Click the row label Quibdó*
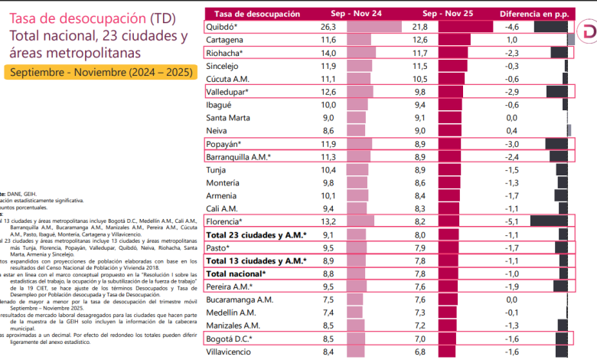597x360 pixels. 223,27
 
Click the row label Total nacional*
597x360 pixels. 237,273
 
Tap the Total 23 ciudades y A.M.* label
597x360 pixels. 256,234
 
